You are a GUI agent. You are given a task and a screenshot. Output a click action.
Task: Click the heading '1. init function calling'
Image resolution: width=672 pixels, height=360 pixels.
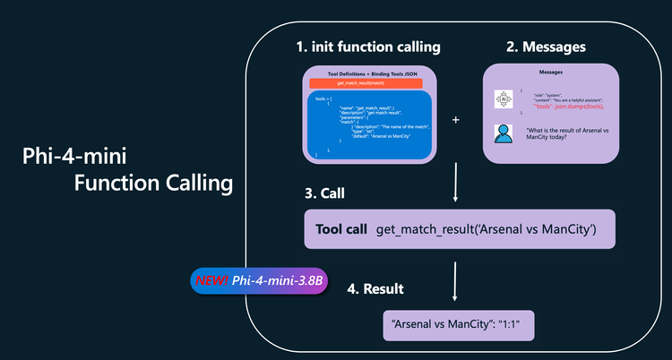(369, 46)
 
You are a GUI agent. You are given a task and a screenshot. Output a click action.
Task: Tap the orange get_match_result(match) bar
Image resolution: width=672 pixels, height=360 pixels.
(369, 82)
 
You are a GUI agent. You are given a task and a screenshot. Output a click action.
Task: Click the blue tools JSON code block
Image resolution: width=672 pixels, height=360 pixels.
(369, 125)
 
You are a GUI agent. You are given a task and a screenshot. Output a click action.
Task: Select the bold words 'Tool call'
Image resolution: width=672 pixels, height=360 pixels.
(341, 230)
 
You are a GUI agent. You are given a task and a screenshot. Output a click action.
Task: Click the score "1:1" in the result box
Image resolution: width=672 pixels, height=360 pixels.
(518, 325)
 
